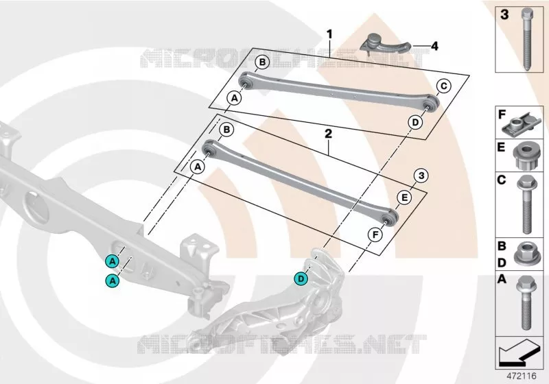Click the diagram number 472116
[522, 376]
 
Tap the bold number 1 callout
[329, 34]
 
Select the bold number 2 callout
[328, 133]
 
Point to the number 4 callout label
[434, 46]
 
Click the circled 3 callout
[421, 176]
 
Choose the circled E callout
[404, 198]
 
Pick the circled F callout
[375, 235]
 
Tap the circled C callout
[443, 86]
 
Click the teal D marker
[301, 279]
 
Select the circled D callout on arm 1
[415, 123]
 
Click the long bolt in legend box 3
[527, 40]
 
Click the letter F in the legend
[502, 115]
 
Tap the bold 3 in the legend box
[504, 15]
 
